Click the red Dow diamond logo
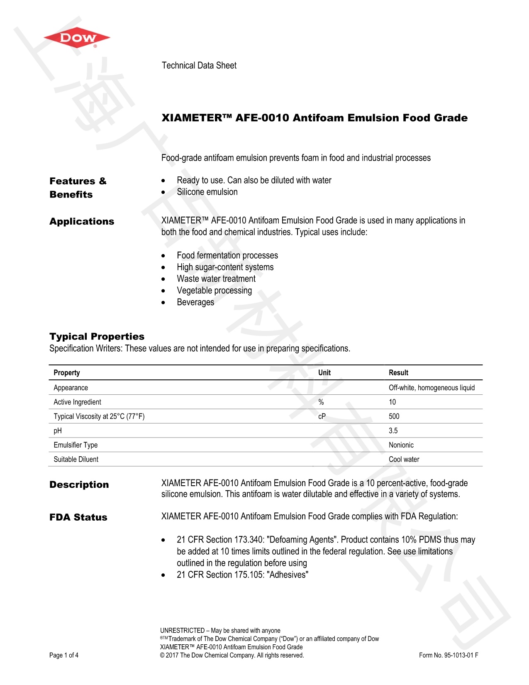77,38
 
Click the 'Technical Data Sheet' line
199,66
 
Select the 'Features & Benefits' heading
78,188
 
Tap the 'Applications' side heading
82,221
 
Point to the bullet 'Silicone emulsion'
207,192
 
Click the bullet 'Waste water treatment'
216,279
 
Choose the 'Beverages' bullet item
195,302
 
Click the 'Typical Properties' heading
97,336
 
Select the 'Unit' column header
324,372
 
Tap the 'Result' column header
398,372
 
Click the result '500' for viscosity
394,416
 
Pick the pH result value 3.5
393,431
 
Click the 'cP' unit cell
322,416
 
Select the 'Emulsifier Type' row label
76,445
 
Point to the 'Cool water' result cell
404,459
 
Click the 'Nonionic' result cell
401,445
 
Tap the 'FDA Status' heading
78,517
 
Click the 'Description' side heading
79,484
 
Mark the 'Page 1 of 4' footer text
64,655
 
